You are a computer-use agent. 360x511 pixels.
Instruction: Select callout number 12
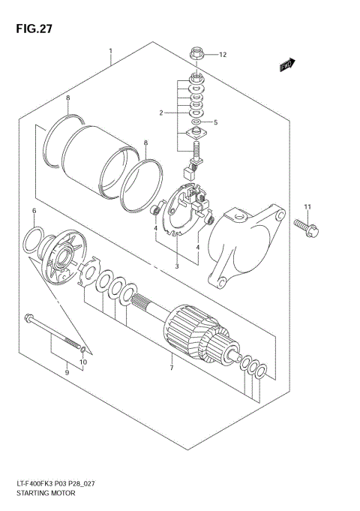pos(223,55)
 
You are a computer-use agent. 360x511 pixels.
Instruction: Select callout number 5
pos(217,122)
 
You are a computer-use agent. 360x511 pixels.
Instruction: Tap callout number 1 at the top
pos(110,53)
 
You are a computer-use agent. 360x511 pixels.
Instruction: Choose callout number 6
pos(34,212)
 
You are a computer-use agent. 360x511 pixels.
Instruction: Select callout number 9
pos(66,371)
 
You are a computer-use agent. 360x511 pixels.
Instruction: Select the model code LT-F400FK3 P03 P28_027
pos(57,485)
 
